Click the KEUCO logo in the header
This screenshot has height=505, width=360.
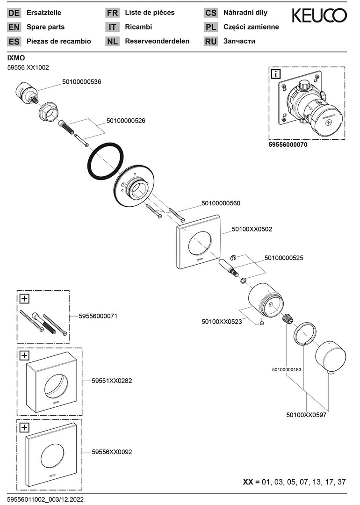pos(319,16)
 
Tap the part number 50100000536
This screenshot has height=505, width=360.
pos(82,82)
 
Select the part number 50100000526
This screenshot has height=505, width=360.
pos(126,121)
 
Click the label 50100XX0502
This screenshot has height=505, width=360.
pos(252,230)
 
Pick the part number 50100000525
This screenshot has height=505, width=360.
pos(284,258)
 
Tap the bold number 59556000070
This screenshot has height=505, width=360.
pos(288,145)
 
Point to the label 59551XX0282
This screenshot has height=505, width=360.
pos(112,381)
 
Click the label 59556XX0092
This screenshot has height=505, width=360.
pos(112,452)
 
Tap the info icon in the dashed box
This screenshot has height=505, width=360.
pos(276,74)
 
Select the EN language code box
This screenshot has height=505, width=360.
pos(14,27)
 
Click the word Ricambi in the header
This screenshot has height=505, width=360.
pos(138,27)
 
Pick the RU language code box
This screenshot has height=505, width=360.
pos(211,41)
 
